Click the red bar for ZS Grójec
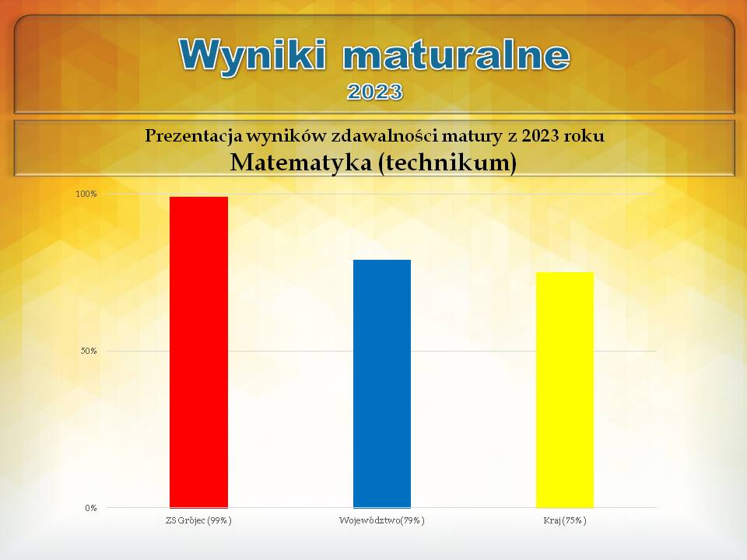[198, 352]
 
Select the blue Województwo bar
[382, 383]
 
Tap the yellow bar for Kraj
[565, 390]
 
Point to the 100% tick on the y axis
[86, 194]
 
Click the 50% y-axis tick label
[89, 351]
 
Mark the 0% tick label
[91, 508]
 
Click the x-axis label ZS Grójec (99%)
[198, 520]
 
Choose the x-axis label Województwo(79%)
[381, 520]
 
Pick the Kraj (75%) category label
[565, 520]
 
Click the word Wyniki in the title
[253, 54]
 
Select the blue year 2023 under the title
[375, 92]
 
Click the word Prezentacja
[194, 136]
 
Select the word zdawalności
[384, 135]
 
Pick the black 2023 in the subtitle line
[540, 135]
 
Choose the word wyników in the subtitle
[286, 136]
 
